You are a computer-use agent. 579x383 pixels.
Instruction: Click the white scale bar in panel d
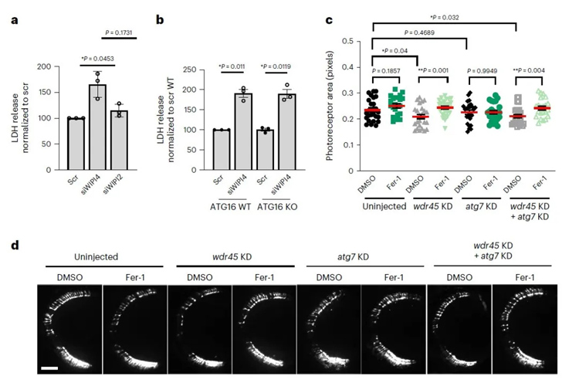[x=49, y=370]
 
